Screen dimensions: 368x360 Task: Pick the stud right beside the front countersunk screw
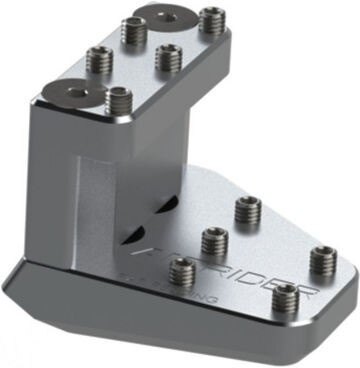click(x=118, y=100)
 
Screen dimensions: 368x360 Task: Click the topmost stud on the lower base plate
click(x=247, y=210)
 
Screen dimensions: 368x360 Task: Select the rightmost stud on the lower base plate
click(x=322, y=259)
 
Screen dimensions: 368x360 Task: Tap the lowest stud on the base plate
click(x=286, y=297)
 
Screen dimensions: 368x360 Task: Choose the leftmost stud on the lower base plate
click(x=182, y=268)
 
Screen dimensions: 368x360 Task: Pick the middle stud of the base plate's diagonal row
click(x=214, y=241)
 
